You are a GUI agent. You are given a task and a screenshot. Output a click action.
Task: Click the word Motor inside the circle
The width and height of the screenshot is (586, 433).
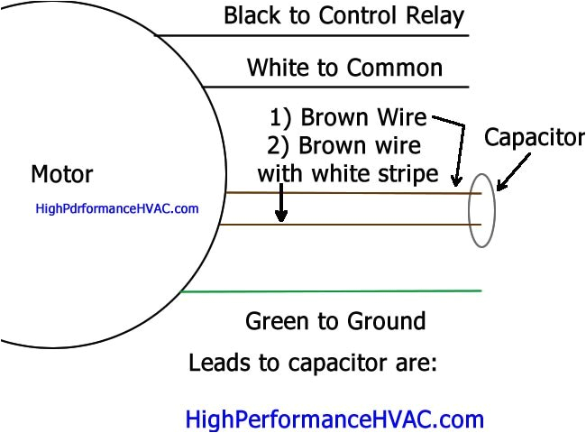pos(61,173)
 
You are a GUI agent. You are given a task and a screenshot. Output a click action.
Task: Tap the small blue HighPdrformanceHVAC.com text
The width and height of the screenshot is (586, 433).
pos(116,208)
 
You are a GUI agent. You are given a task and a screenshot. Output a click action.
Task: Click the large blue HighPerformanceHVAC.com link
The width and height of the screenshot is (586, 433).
pos(334,419)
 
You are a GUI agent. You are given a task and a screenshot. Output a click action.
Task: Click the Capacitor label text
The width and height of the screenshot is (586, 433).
pos(534,138)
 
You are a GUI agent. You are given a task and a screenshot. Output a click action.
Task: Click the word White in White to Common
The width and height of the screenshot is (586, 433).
pos(279,68)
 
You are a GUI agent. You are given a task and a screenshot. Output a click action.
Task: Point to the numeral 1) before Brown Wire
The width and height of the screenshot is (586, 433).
pos(280,118)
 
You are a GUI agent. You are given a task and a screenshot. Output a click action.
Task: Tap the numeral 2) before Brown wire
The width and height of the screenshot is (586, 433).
pos(279,146)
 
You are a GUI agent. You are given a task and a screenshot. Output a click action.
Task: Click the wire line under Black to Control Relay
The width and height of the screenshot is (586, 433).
pos(316,35)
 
